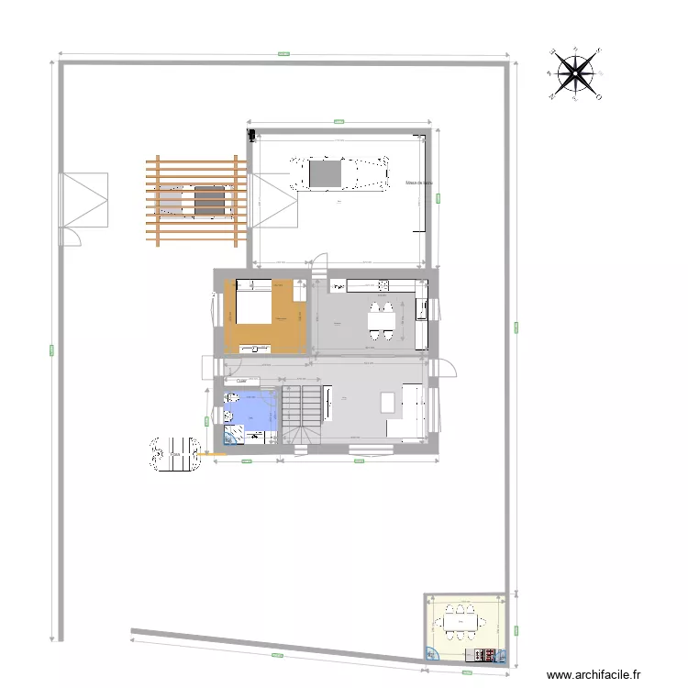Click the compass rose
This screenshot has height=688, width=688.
tap(574, 73)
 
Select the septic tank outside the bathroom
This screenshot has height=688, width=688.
tap(173, 453)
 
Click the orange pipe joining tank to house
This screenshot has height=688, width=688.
tap(212, 453)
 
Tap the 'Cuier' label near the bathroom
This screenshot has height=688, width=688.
tap(241, 381)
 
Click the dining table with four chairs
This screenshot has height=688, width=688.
tap(383, 319)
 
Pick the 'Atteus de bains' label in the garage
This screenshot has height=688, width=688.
tap(418, 183)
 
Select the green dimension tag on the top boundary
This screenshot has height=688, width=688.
tap(283, 54)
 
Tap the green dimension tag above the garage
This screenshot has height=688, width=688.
tap(338, 121)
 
